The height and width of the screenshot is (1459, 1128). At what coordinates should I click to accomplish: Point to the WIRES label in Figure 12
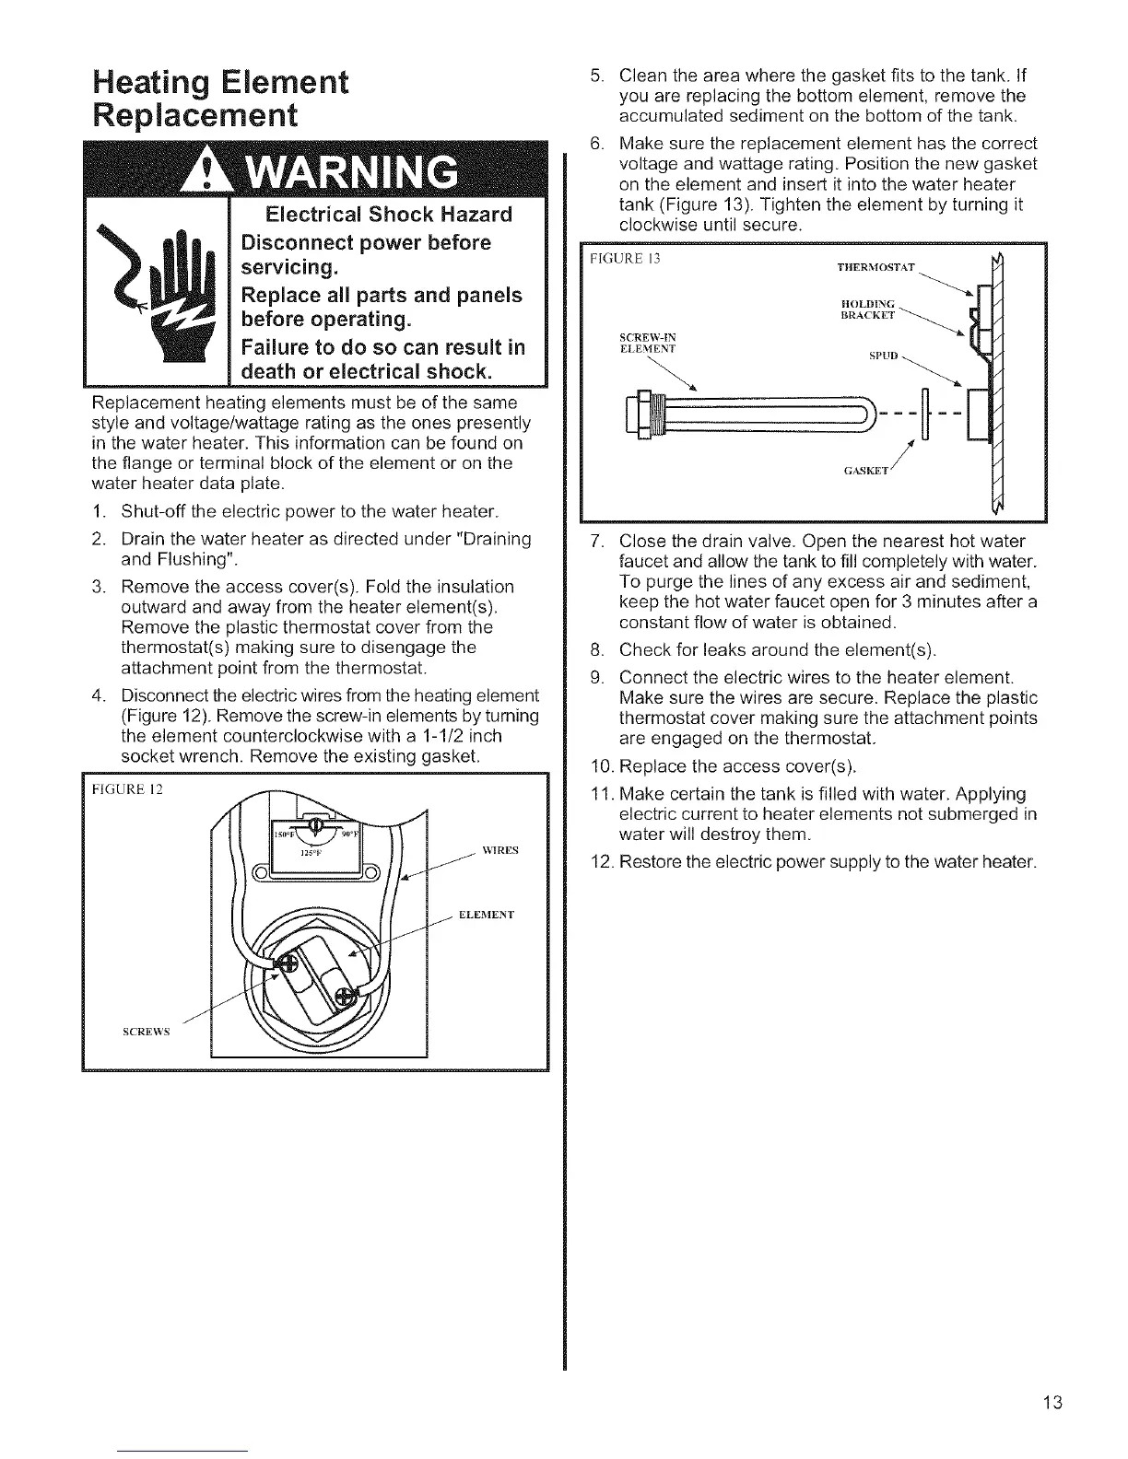[500, 850]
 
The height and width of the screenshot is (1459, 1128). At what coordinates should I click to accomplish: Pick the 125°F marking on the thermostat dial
[308, 852]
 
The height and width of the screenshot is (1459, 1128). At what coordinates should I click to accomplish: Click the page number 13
[1053, 1403]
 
